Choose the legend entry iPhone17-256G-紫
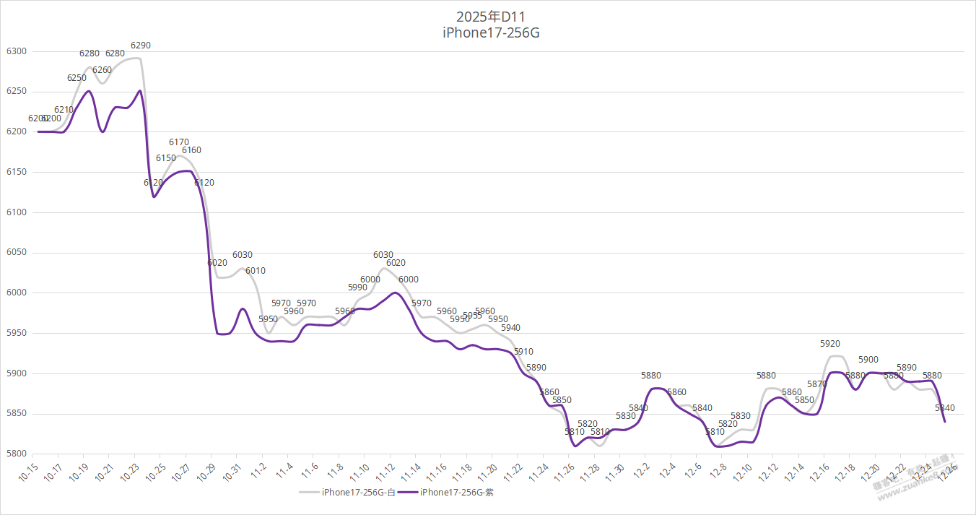tap(456, 493)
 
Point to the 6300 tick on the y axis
tap(16, 51)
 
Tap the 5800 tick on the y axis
tap(16, 454)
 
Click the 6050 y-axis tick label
tap(16, 253)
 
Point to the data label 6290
tap(141, 46)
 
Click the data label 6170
tap(179, 142)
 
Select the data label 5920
tap(830, 344)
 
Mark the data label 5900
tap(868, 360)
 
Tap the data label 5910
tap(523, 352)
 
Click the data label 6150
tap(166, 158)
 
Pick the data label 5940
tap(510, 328)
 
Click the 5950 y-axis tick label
tap(16, 334)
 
